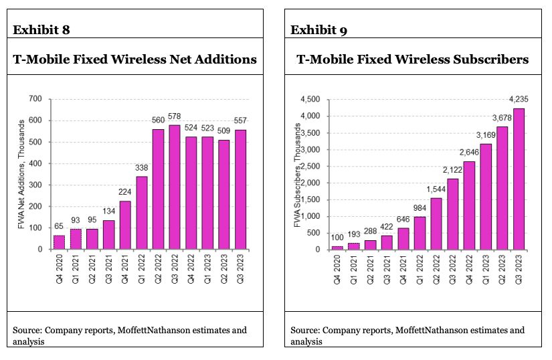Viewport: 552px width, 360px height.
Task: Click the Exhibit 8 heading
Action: [41, 29]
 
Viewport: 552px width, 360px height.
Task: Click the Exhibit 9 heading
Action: [318, 29]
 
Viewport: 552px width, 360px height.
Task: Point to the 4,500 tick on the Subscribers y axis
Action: [310, 100]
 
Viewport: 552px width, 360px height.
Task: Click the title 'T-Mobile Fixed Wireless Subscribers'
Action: [412, 60]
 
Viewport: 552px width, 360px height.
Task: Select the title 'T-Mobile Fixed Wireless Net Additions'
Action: [135, 60]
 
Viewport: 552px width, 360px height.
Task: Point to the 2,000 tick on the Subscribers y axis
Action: [310, 183]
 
